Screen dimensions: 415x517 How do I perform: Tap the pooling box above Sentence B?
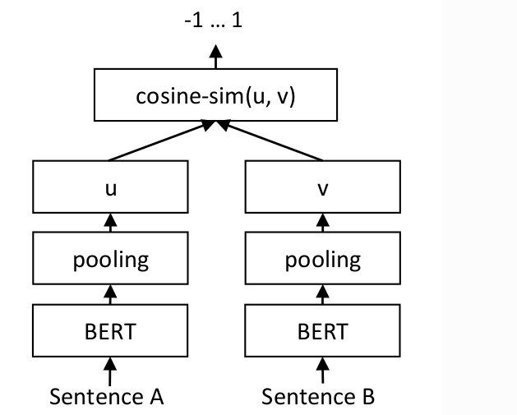[x=322, y=261]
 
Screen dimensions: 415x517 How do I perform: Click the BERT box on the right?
[x=322, y=332]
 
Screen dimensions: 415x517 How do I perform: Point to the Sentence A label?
[x=107, y=397]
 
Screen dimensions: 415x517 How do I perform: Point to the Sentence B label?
[x=318, y=397]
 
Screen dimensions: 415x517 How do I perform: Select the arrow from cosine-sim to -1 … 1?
[x=215, y=58]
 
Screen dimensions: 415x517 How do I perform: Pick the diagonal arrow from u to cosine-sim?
[x=161, y=141]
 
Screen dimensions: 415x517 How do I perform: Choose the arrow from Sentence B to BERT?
[x=322, y=369]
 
